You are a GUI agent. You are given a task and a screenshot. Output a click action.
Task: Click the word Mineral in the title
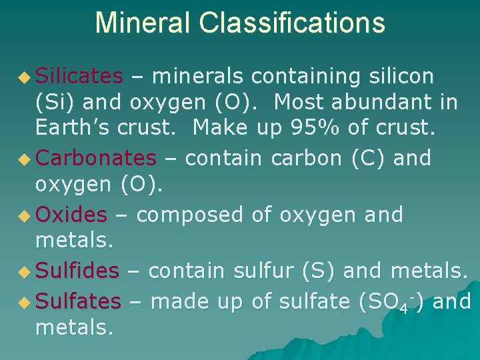click(x=142, y=22)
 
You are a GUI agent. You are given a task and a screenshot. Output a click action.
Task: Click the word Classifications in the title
click(x=290, y=22)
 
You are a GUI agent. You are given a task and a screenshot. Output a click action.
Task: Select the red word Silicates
click(x=79, y=77)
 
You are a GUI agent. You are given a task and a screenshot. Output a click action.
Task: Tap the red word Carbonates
click(x=95, y=159)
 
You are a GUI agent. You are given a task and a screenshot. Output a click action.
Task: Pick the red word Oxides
click(x=71, y=215)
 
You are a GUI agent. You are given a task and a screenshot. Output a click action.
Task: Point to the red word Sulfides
click(x=77, y=271)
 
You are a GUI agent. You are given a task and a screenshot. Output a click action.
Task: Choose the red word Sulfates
click(x=78, y=301)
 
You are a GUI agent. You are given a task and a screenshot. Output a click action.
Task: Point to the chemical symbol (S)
click(x=313, y=271)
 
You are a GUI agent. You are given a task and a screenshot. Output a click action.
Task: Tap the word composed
click(x=190, y=215)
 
